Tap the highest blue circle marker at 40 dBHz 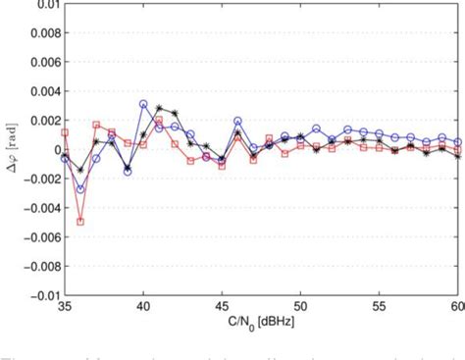(143, 104)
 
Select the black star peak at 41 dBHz (159, 108)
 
